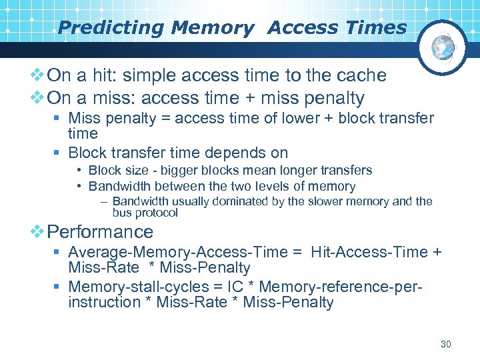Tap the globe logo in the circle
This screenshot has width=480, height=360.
click(x=443, y=47)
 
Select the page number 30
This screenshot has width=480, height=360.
click(x=446, y=344)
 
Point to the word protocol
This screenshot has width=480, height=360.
click(x=155, y=213)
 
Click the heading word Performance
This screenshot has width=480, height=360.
click(x=101, y=232)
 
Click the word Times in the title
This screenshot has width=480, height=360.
click(x=379, y=28)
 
